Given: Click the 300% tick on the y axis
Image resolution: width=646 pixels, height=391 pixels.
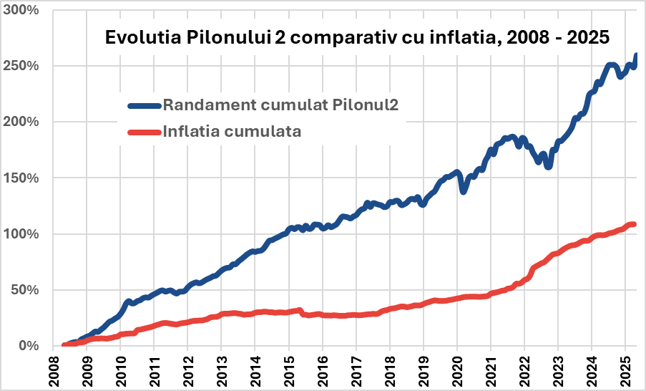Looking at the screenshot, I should pyautogui.click(x=23, y=10).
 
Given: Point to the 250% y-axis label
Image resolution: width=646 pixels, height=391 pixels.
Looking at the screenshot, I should pyautogui.click(x=23, y=66).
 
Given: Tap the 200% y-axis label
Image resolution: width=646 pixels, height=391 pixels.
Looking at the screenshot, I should pyautogui.click(x=23, y=122).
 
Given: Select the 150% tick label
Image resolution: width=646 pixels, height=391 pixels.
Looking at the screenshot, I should pyautogui.click(x=23, y=178).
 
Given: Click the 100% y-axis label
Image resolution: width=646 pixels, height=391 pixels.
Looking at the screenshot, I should pyautogui.click(x=23, y=234).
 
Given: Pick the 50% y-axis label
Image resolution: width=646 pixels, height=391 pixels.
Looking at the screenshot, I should pyautogui.click(x=26, y=290).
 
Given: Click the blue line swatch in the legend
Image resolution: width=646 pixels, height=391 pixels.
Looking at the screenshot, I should pyautogui.click(x=145, y=105).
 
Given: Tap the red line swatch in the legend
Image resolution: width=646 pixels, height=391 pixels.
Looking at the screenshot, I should pyautogui.click(x=145, y=132).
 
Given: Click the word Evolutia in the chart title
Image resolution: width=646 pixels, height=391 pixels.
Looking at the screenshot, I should pyautogui.click(x=140, y=38).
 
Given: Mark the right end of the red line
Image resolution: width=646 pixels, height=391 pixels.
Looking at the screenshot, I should pyautogui.click(x=634, y=225).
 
